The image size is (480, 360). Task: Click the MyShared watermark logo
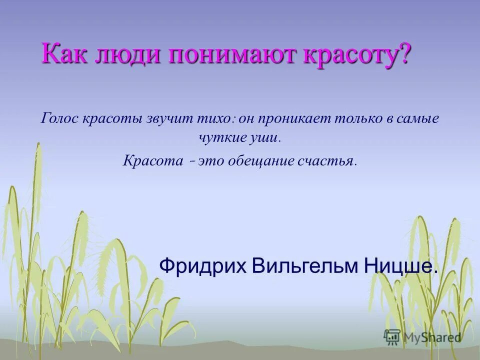[422, 337]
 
